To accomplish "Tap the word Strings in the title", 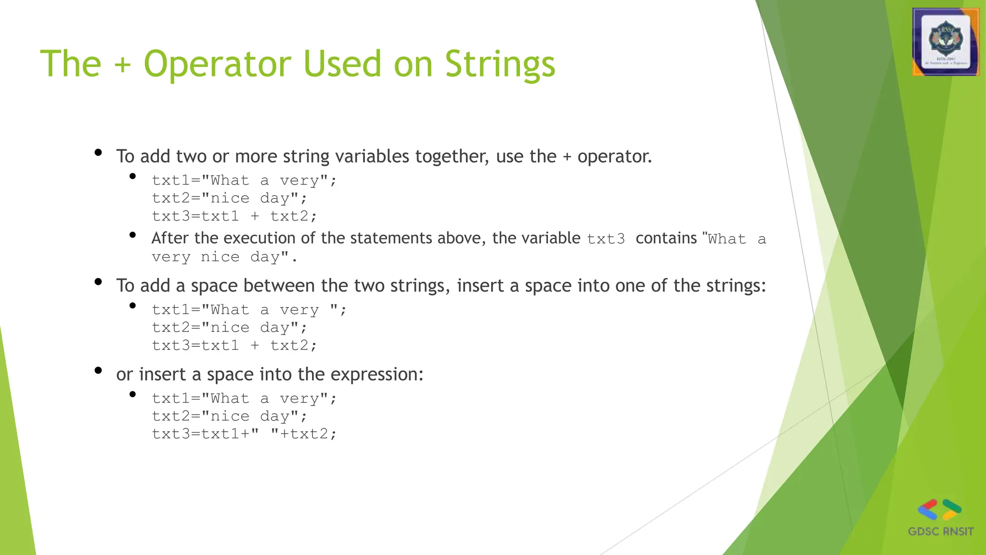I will click(x=500, y=64).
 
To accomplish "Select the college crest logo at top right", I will click(x=946, y=42).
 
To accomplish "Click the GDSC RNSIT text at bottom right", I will click(x=940, y=531).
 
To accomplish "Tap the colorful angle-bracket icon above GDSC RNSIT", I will click(x=939, y=510).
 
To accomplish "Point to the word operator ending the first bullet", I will click(x=614, y=157).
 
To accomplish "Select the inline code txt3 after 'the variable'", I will click(x=606, y=239).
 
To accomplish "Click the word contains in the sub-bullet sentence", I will click(x=666, y=238).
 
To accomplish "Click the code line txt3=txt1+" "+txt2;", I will click(x=244, y=434).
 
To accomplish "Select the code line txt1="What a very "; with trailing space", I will click(x=249, y=310).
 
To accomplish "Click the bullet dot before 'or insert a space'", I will click(x=98, y=370).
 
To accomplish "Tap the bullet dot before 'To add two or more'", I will click(x=98, y=153).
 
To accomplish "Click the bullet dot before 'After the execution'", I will click(x=133, y=235).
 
